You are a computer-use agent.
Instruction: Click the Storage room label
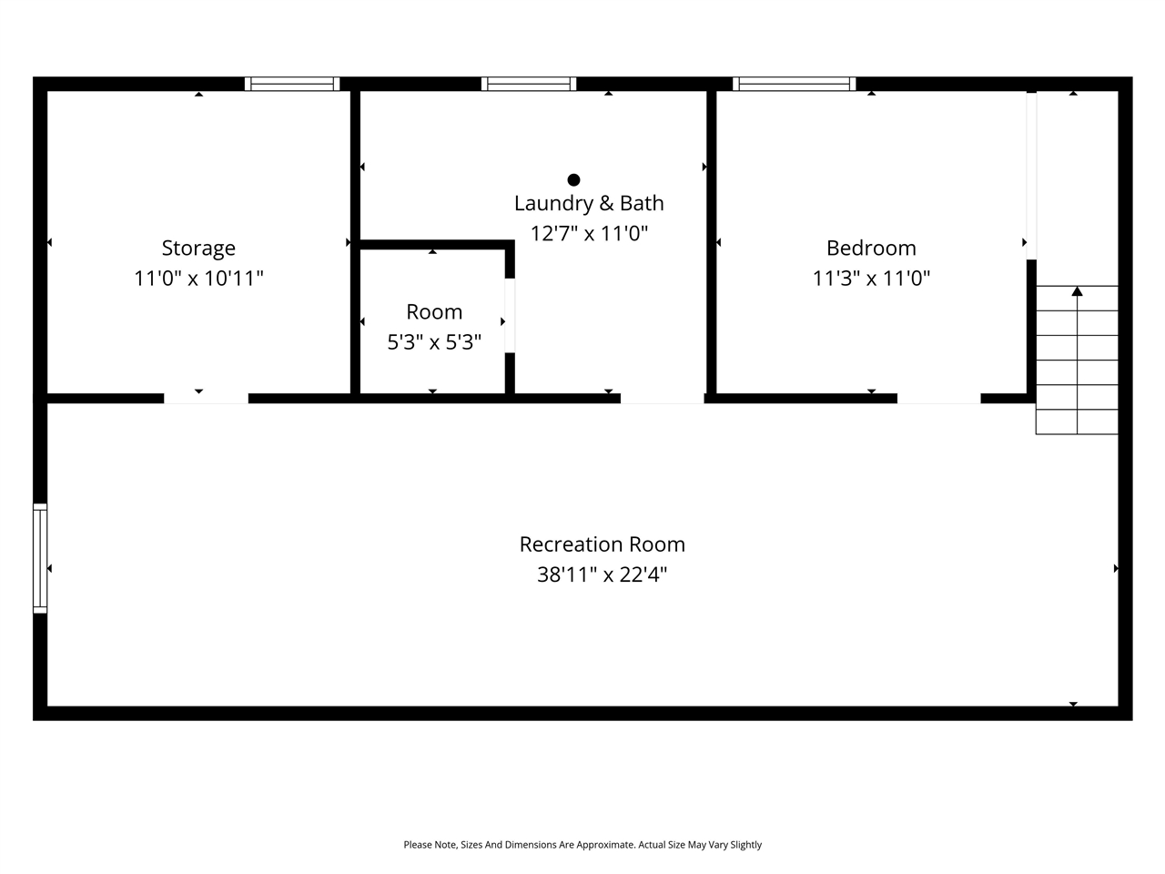(198, 248)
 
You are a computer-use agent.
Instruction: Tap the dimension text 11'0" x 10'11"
(198, 278)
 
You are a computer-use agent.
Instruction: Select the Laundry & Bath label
(589, 203)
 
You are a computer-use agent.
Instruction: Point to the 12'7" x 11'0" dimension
(589, 233)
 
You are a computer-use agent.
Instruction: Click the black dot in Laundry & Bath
(573, 179)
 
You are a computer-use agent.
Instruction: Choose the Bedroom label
(871, 248)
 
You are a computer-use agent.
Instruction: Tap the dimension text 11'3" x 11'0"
(871, 278)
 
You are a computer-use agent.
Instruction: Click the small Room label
(434, 311)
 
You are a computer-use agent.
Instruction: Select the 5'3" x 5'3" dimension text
(434, 342)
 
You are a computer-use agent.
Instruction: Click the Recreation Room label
(602, 544)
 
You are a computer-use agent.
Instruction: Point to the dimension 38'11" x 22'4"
(602, 574)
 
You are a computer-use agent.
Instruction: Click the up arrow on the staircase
(1077, 291)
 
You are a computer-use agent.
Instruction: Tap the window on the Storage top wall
(292, 84)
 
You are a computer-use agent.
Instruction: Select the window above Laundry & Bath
(529, 84)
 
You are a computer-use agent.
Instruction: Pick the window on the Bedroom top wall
(795, 84)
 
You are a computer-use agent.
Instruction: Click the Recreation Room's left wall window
(40, 558)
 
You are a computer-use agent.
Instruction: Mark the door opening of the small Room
(510, 314)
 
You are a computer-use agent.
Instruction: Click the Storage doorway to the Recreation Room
(206, 398)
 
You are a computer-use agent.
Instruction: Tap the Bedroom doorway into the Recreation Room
(938, 398)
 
